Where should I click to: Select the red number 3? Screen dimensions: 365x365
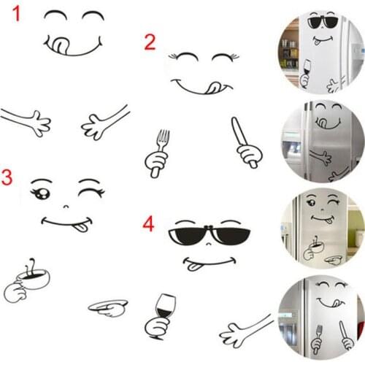7,177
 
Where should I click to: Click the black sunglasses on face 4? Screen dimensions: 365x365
210,235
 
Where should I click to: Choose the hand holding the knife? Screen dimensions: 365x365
245,145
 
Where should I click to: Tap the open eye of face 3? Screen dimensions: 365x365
39,193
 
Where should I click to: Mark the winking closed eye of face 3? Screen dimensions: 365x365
90,192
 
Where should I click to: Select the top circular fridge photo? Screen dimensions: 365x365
320,53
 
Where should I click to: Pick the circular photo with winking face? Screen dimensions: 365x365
320,228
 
